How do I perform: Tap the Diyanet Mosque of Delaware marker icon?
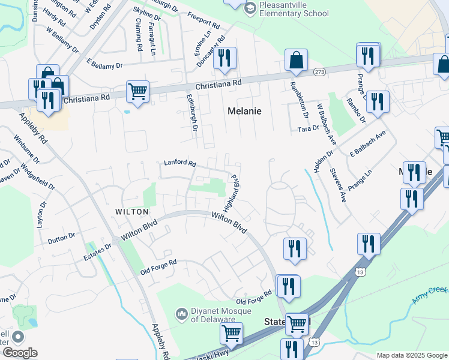click(x=182, y=314)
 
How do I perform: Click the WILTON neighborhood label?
click(x=131, y=212)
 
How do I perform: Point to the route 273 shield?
click(x=319, y=72)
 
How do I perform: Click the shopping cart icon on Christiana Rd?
click(x=137, y=92)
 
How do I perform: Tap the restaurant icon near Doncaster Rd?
click(x=224, y=58)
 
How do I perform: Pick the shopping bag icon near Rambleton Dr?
click(x=296, y=60)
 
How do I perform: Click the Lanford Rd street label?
click(x=180, y=163)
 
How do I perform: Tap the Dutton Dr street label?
click(x=62, y=239)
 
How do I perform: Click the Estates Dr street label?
click(x=100, y=250)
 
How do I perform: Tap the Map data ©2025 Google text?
click(x=411, y=355)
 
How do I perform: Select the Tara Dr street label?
click(x=308, y=129)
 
